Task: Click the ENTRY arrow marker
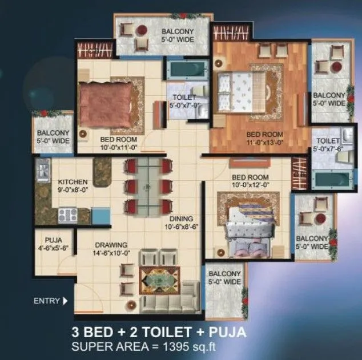pyautogui.click(x=64, y=301)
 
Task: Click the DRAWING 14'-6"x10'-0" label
pyautogui.click(x=112, y=249)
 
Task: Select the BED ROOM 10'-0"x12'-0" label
pyautogui.click(x=250, y=181)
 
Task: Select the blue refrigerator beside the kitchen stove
pyautogui.click(x=101, y=216)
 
